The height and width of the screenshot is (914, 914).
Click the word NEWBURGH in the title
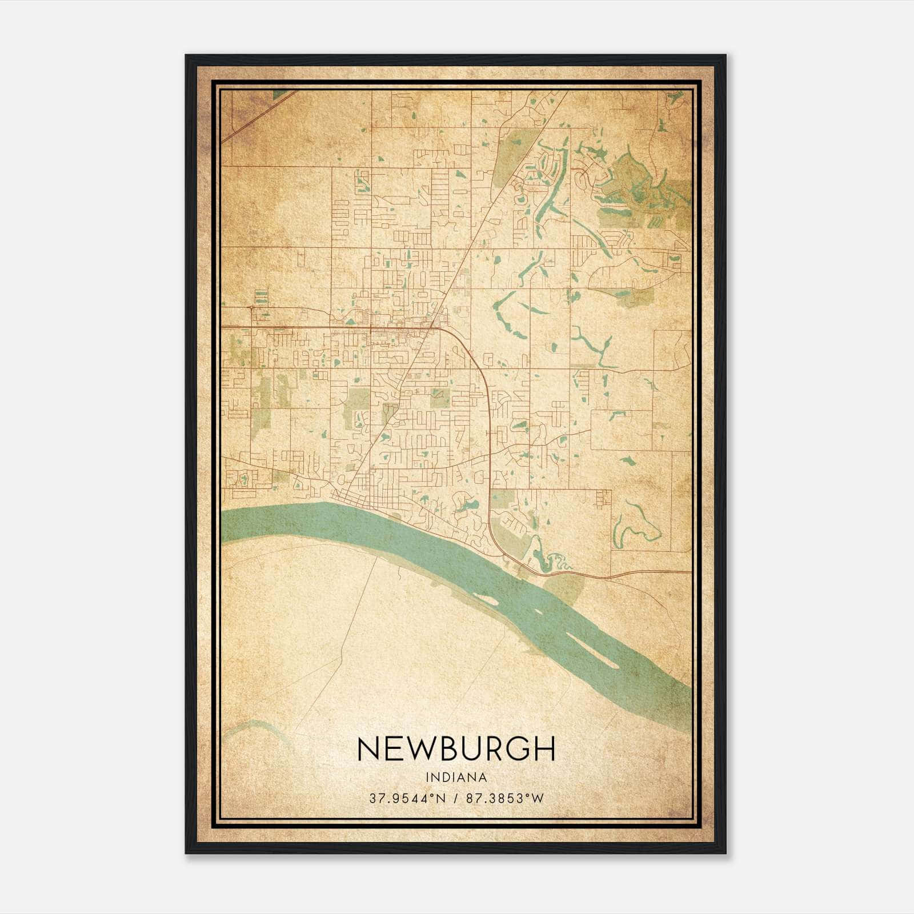(x=456, y=749)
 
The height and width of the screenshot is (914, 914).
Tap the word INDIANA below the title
(x=456, y=777)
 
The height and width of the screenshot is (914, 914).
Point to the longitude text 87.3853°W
(x=505, y=799)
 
